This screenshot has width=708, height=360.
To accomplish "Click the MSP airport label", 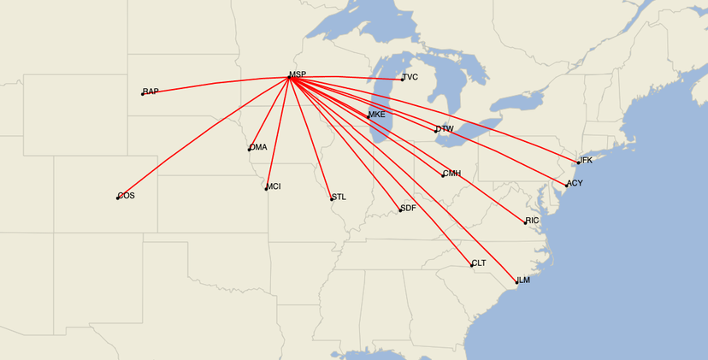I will coord(298,75).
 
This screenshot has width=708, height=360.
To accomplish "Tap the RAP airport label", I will coord(151,91).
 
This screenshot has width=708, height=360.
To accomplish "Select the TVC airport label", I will coord(410,78).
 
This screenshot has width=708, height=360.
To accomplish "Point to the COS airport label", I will coord(127,196).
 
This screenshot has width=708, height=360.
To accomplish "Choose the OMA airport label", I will coord(258,147).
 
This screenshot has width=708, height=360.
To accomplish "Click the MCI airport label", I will coord(274,186).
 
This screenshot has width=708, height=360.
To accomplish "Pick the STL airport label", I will coord(339,197).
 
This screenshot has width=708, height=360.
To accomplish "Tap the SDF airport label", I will coord(408,209).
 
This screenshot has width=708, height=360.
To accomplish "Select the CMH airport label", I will coord(451,174).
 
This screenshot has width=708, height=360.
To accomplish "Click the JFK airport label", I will coord(585,161).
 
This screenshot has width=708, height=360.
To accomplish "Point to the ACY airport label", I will coord(575,184).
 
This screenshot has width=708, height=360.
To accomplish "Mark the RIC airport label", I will coord(533,221).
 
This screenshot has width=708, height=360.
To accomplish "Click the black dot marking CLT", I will coord(471,265).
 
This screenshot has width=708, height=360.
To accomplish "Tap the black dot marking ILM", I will coord(516,282).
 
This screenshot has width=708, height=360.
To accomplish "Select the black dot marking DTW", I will coord(436,131).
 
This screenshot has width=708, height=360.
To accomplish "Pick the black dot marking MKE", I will coord(369,116).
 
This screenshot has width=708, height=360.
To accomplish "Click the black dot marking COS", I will coord(118,198).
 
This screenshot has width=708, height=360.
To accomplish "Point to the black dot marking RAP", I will coord(143,94).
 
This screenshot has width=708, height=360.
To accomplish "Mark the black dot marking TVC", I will coord(402,80).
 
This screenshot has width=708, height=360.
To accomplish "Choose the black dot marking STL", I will coord(332,199).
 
